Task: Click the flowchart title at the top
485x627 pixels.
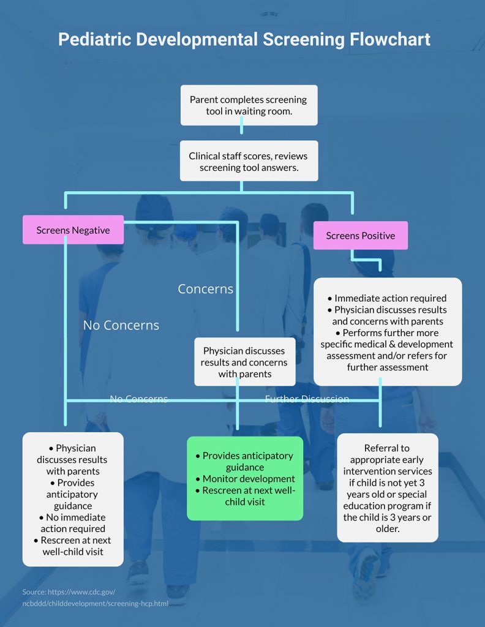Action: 244,39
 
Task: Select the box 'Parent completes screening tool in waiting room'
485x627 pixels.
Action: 249,105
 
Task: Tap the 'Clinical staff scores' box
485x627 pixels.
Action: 249,161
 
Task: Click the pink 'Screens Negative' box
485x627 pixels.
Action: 73,230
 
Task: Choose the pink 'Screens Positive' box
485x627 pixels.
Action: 360,236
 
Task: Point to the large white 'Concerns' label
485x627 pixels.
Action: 205,289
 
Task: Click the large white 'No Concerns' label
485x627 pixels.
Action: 121,325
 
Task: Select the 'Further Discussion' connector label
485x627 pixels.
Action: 307,399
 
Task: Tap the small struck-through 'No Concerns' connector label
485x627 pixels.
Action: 138,399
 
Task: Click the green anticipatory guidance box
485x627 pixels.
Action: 245,478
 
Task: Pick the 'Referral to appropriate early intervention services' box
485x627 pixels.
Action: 387,488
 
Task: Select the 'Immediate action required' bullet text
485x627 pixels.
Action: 390,298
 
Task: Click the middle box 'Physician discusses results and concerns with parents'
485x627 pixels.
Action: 244,362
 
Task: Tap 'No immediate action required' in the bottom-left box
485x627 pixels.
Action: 73,523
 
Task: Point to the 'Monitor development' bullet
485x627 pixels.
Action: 245,479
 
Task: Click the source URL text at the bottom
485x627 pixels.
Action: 95,598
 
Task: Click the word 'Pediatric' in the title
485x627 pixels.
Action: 94,39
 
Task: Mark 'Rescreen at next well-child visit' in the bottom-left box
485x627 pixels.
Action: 73,546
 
